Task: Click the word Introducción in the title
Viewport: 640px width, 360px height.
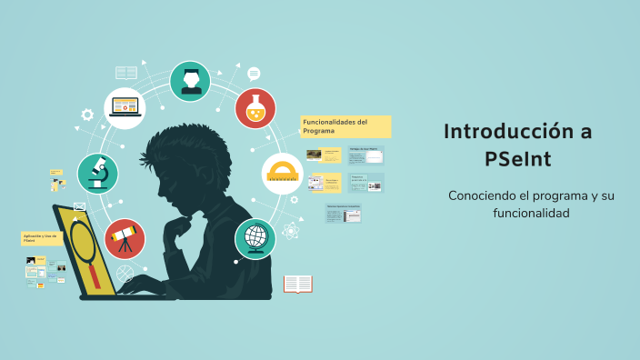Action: (x=506, y=132)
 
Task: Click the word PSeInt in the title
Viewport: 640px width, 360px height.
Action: (x=517, y=160)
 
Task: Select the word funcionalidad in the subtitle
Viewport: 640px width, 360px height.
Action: (x=518, y=213)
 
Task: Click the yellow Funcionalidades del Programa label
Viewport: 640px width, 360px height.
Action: (x=345, y=125)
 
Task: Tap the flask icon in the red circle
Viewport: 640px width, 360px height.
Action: (x=255, y=108)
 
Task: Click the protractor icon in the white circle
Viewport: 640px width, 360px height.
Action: (x=283, y=173)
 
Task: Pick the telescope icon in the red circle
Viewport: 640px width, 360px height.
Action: (x=125, y=239)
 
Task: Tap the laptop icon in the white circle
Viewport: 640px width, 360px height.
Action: (x=125, y=108)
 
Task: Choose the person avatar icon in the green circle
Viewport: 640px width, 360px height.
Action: (x=190, y=81)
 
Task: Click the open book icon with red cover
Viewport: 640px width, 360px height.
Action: (x=297, y=285)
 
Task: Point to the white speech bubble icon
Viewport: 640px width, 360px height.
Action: (x=254, y=75)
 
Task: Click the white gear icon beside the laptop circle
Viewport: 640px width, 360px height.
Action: (x=87, y=115)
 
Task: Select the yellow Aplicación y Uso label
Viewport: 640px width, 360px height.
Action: (x=42, y=238)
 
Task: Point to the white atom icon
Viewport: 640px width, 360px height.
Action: (x=292, y=231)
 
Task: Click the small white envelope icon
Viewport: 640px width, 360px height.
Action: (x=79, y=206)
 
